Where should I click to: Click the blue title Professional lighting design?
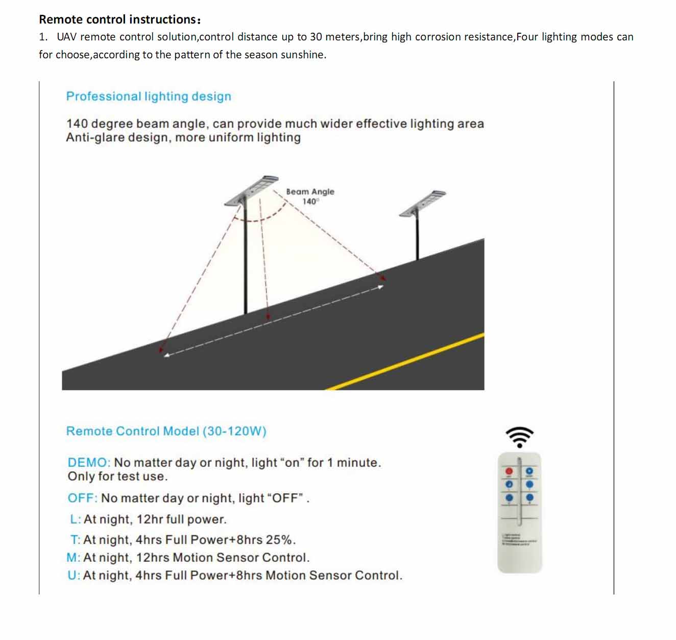point(149,96)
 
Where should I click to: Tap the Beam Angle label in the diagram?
point(310,192)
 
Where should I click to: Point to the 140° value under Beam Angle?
point(310,201)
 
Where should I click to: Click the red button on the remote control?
point(509,471)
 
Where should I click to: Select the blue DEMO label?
point(88,463)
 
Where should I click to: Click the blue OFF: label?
point(82,498)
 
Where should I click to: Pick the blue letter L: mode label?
point(76,519)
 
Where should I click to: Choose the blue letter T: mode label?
point(75,540)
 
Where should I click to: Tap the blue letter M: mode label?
point(74,558)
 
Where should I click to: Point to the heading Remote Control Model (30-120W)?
point(166,431)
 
